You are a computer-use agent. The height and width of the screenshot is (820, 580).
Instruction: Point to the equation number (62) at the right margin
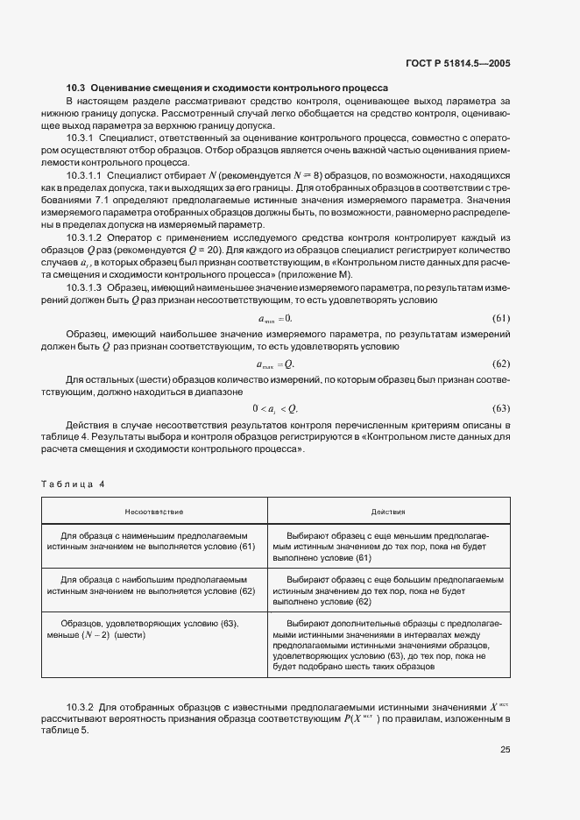point(500,364)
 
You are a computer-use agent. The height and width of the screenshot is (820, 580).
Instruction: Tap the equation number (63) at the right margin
point(500,408)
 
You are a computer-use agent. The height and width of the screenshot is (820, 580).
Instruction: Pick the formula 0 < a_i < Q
point(276,408)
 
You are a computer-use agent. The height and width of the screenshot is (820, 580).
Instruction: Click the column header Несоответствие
point(153,511)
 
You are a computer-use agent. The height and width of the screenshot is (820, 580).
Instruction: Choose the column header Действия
point(387,511)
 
